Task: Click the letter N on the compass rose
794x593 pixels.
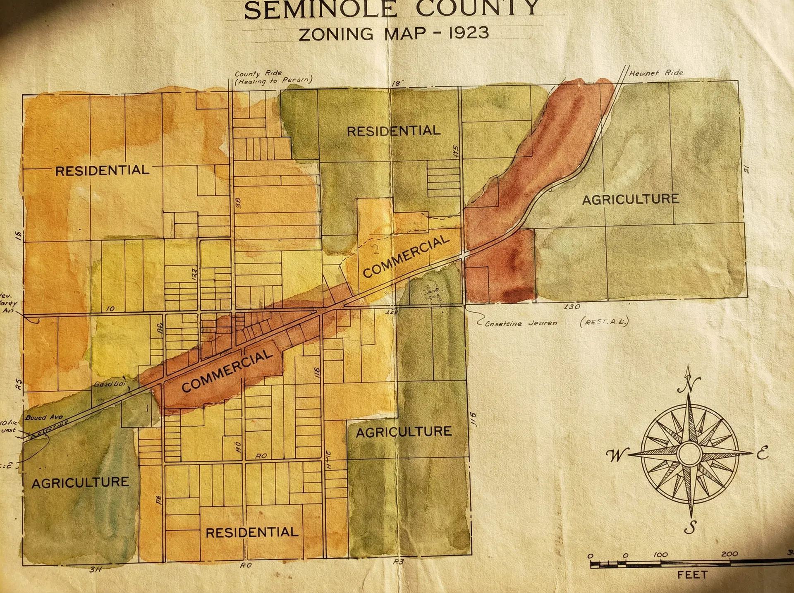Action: pyautogui.click(x=689, y=385)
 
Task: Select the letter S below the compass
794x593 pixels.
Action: pyautogui.click(x=690, y=527)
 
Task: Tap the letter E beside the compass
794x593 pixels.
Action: pyautogui.click(x=762, y=453)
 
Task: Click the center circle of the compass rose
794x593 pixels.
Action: pyautogui.click(x=689, y=454)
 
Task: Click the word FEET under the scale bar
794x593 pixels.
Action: pyautogui.click(x=692, y=575)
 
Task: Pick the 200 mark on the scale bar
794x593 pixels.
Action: pyautogui.click(x=729, y=554)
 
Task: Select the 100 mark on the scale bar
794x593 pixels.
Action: pyautogui.click(x=660, y=555)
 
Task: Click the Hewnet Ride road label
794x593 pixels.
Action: pyautogui.click(x=656, y=73)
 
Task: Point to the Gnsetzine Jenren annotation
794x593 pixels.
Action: pyautogui.click(x=521, y=323)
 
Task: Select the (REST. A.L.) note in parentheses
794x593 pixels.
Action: pyautogui.click(x=604, y=322)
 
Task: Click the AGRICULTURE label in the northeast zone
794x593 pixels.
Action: pyautogui.click(x=630, y=200)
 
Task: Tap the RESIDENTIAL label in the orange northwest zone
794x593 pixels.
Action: pyautogui.click(x=102, y=170)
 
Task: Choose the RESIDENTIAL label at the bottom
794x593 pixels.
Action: pyautogui.click(x=252, y=532)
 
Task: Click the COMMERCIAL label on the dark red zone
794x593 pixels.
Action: pyautogui.click(x=227, y=371)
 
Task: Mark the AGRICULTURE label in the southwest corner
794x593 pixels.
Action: pyautogui.click(x=80, y=483)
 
